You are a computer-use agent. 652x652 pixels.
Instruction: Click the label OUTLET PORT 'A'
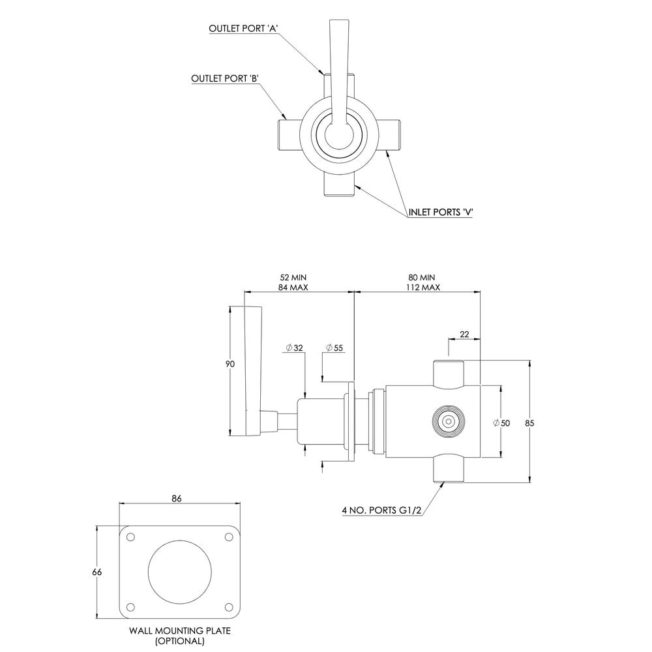(243, 28)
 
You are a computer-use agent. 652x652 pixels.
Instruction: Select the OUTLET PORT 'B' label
(226, 79)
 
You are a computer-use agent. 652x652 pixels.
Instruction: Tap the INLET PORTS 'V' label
(441, 212)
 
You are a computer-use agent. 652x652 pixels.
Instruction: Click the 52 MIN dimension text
(293, 277)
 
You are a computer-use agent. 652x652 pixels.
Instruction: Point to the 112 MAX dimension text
(423, 287)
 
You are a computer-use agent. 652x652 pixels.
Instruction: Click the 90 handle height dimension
(230, 364)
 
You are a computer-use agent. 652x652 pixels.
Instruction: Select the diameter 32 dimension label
(295, 348)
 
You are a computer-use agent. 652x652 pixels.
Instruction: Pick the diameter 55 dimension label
(334, 348)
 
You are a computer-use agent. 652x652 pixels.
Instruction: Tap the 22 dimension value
(464, 334)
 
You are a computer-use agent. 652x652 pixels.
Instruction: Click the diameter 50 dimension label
(501, 423)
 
